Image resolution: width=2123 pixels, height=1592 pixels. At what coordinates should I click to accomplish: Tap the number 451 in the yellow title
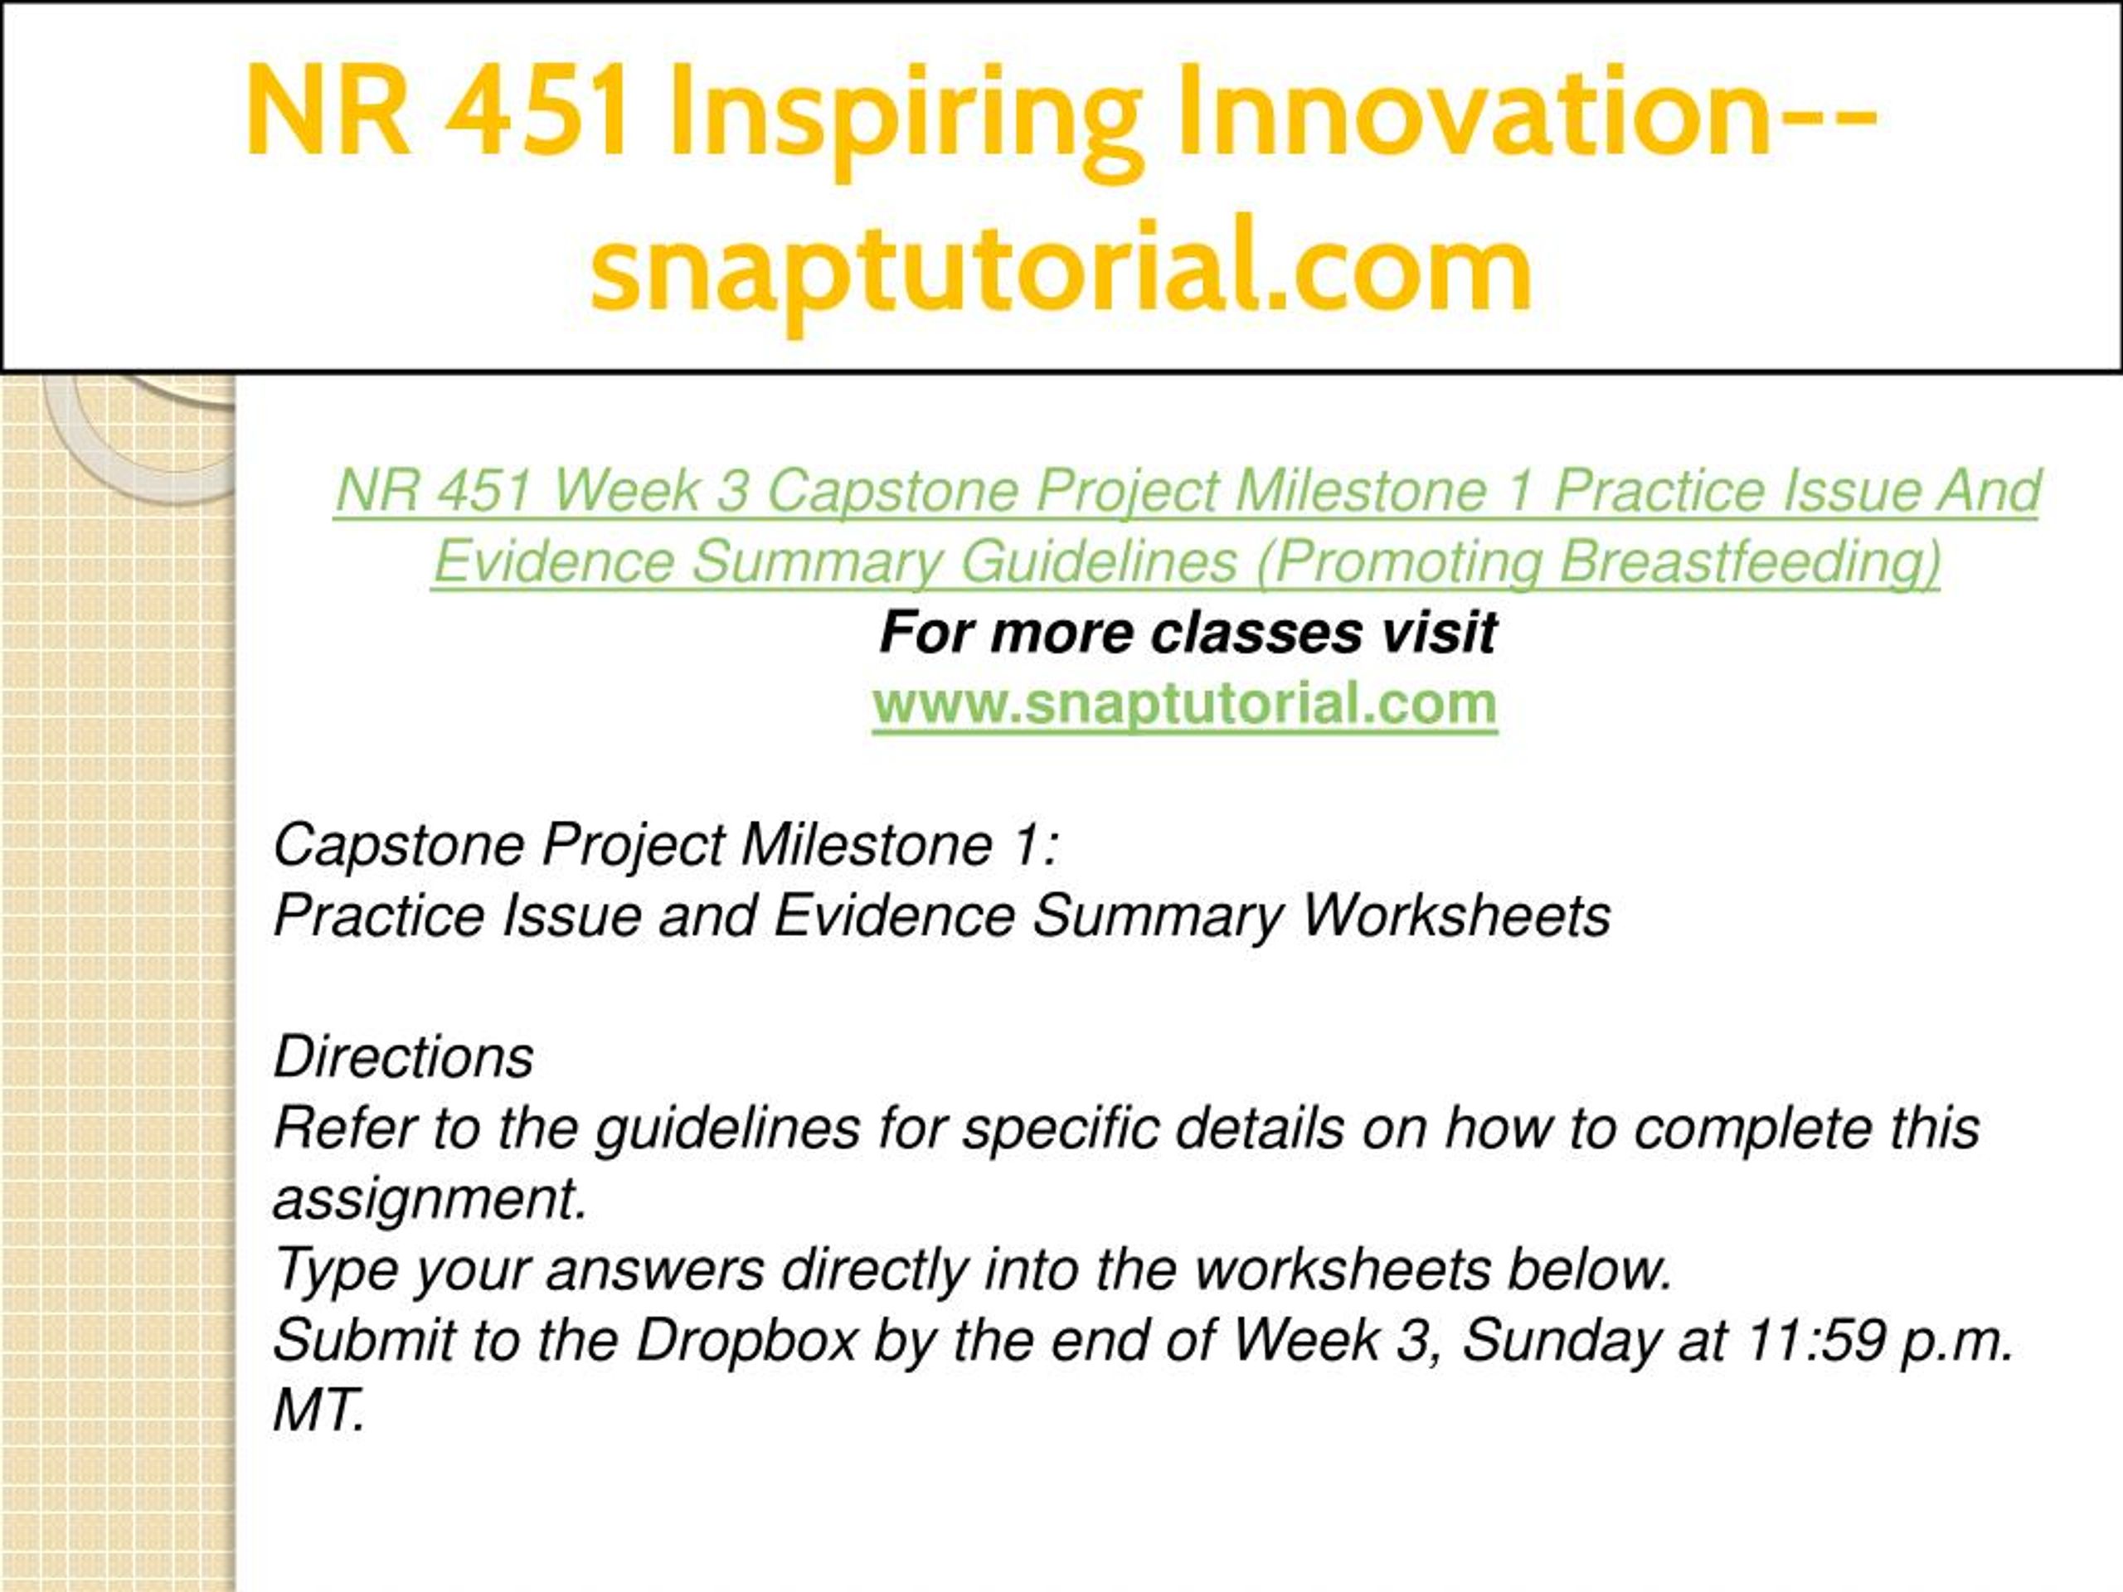(537, 110)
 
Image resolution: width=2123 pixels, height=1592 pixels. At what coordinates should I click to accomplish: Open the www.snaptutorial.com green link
(1185, 703)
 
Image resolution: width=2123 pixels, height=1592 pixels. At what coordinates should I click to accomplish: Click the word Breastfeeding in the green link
(1749, 562)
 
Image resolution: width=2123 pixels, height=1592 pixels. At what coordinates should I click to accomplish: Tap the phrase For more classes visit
(1188, 633)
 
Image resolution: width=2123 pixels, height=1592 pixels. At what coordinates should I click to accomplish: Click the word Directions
(403, 1056)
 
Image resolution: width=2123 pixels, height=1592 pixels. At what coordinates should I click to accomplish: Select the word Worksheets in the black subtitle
(1455, 915)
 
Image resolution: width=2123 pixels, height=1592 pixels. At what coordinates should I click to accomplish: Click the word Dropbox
(746, 1341)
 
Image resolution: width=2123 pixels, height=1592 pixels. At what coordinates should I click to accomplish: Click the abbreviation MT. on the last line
(319, 1410)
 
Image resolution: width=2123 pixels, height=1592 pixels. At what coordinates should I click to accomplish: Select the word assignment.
(430, 1201)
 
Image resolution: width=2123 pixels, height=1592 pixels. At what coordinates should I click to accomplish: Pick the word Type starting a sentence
(336, 1270)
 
